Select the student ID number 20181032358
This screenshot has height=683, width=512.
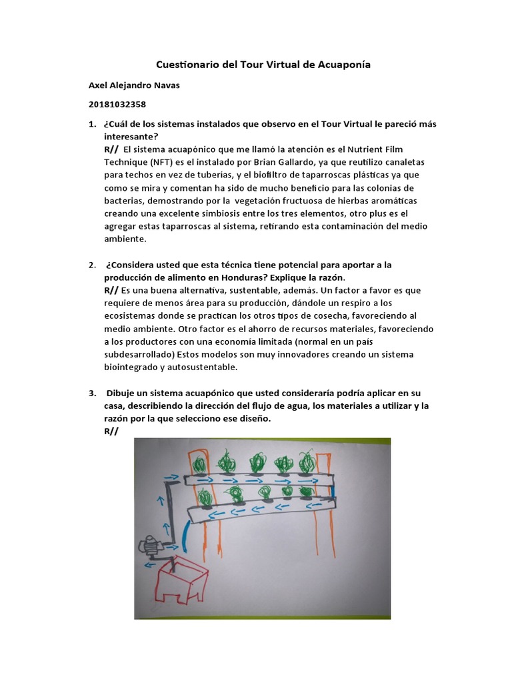point(117,105)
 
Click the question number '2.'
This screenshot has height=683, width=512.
point(92,265)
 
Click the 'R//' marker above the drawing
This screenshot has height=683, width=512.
point(111,432)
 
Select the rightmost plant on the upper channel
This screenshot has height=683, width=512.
point(307,462)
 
